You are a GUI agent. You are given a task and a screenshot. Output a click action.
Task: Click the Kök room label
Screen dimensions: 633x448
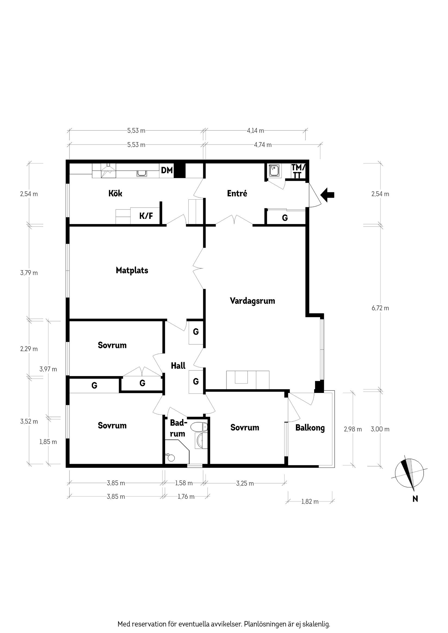(x=115, y=193)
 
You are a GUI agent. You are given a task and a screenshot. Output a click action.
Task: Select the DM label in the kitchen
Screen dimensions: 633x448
(x=167, y=170)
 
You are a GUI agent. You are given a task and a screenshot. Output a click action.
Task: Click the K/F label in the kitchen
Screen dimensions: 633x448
(x=146, y=216)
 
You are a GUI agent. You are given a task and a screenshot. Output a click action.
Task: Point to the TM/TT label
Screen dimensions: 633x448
(x=298, y=171)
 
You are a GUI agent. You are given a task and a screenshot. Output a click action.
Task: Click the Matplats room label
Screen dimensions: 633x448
(x=132, y=270)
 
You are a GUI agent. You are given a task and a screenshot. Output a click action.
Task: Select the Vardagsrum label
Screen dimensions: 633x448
(x=252, y=300)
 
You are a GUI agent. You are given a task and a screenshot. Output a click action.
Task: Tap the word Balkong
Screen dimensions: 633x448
(x=310, y=428)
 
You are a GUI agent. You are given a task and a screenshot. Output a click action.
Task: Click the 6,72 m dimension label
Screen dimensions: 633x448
(x=380, y=308)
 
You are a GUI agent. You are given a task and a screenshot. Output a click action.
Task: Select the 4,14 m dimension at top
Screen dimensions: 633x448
(x=255, y=130)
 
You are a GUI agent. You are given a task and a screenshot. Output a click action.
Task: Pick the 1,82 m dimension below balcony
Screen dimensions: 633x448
(x=310, y=501)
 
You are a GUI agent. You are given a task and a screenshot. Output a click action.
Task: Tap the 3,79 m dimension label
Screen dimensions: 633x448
(x=29, y=273)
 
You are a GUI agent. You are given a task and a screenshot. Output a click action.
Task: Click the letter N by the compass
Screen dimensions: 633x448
(x=415, y=498)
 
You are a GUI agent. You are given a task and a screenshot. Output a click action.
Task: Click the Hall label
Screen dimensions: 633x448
(x=178, y=366)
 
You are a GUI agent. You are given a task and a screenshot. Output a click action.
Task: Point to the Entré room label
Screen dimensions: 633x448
(x=237, y=193)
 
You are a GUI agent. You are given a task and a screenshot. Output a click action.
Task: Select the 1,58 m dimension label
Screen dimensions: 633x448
(x=184, y=483)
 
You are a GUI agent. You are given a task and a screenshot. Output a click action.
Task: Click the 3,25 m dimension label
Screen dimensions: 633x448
(x=245, y=483)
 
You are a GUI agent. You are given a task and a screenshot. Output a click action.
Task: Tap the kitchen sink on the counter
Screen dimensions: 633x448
(x=142, y=173)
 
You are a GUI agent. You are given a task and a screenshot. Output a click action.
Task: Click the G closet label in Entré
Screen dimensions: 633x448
(x=285, y=218)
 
